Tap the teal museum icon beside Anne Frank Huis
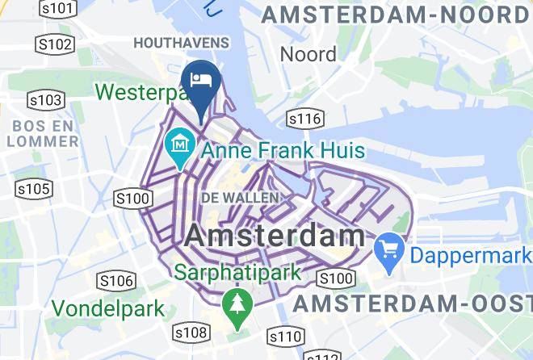coord(179,148)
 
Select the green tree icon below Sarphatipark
coord(235,305)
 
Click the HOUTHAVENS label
coord(181,42)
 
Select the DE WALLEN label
coord(240,197)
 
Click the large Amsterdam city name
coord(275,236)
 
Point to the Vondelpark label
coord(108,308)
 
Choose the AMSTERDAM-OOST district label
coord(412,304)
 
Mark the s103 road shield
coord(45,100)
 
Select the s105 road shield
coord(34,189)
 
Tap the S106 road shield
coord(115,281)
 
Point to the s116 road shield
coord(305,119)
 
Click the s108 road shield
coord(191,333)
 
